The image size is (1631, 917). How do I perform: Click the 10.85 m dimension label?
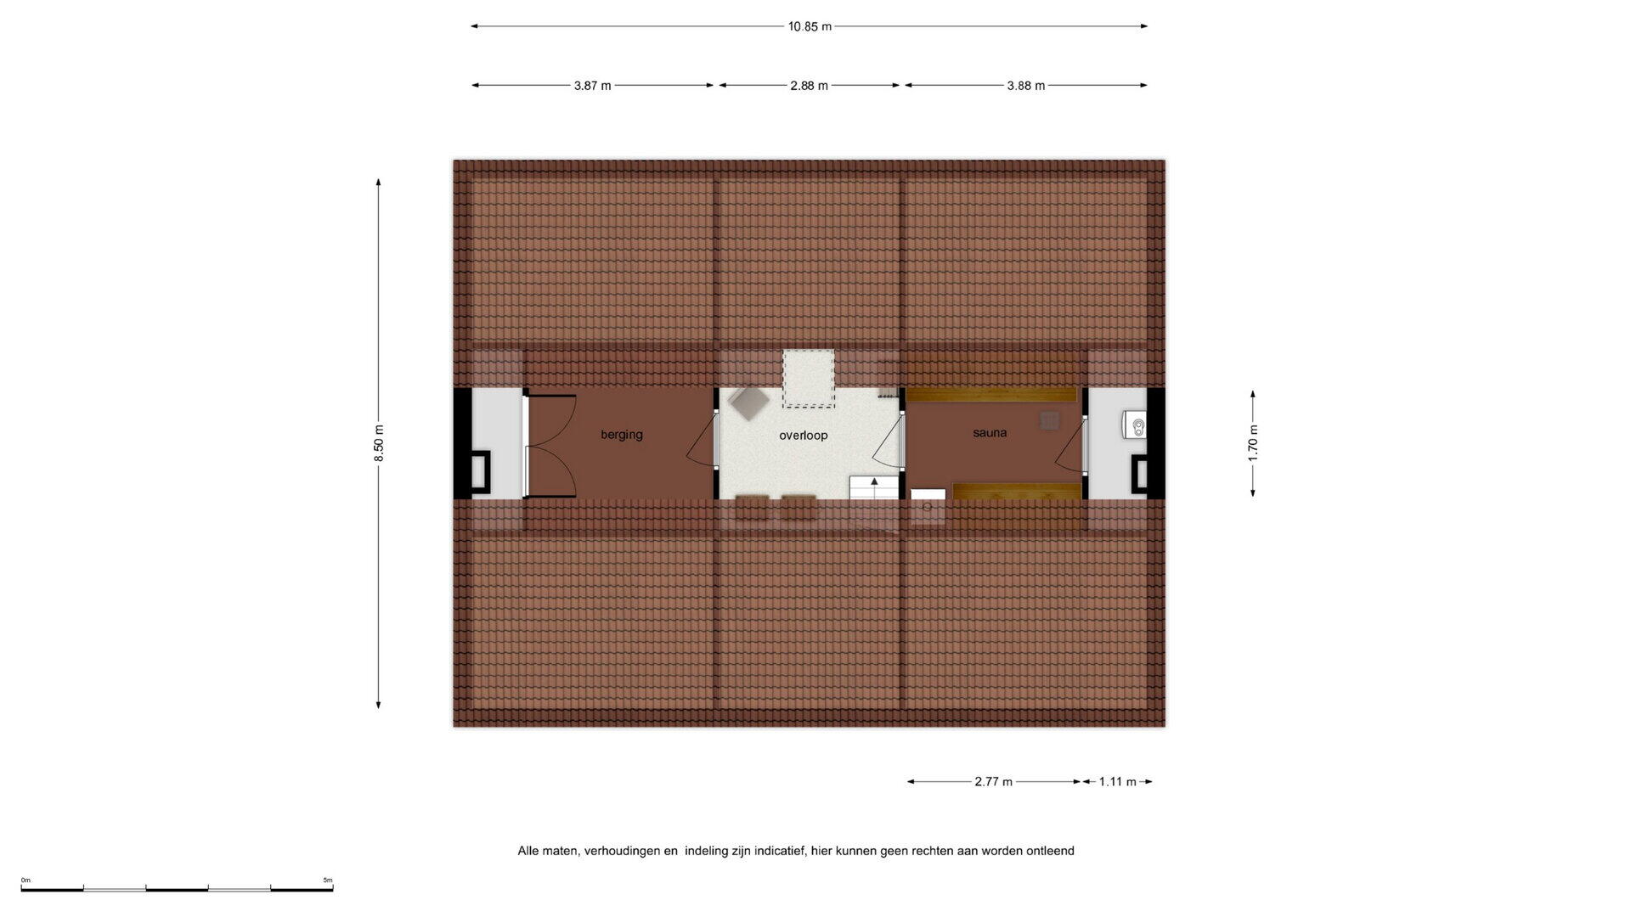(809, 26)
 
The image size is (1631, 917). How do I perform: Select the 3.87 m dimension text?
(592, 86)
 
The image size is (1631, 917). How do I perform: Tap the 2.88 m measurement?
(809, 86)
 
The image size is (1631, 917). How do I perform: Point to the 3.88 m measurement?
(1025, 86)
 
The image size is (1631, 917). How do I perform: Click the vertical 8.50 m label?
(379, 443)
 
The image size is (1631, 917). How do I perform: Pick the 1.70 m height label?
(1253, 442)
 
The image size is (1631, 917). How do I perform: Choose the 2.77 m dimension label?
(993, 782)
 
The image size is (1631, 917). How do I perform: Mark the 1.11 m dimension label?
(1117, 782)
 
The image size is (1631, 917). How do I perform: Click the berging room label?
(622, 435)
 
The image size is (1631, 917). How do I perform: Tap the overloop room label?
(803, 436)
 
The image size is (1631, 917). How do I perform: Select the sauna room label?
(990, 433)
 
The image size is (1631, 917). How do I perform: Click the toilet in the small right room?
(1136, 425)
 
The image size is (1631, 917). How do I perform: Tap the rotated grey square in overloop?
(748, 402)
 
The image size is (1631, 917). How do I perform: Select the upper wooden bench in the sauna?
(991, 394)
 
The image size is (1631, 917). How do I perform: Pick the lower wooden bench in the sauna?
(1017, 491)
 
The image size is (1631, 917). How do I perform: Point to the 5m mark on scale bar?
(328, 880)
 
